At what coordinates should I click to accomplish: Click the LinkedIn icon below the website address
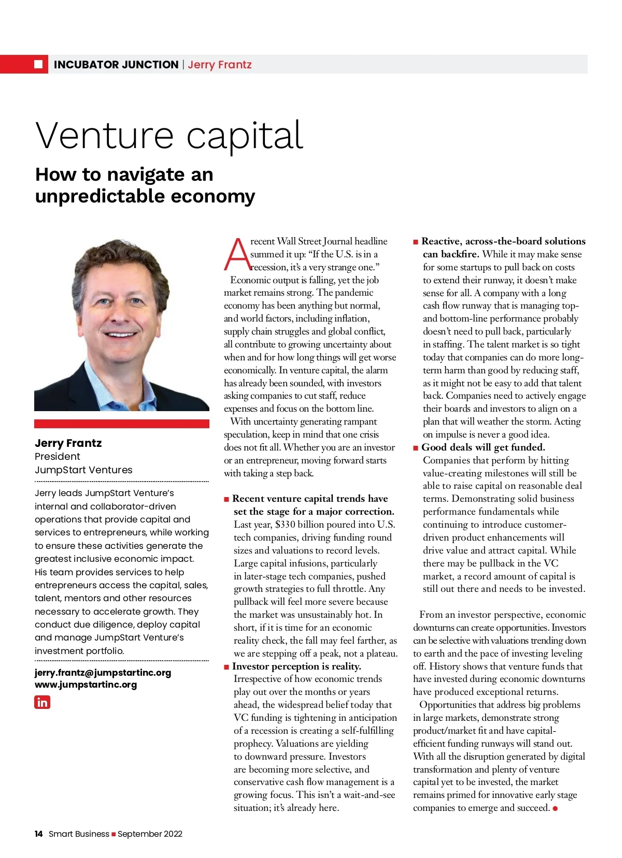(x=42, y=702)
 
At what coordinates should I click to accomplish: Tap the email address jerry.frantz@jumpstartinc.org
(x=103, y=672)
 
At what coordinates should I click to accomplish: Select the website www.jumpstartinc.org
(x=86, y=684)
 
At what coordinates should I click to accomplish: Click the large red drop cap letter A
(x=236, y=254)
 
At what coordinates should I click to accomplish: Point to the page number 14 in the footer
(x=38, y=834)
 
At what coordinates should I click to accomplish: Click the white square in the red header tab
(x=38, y=64)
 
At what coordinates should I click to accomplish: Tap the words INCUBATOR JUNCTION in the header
(x=116, y=65)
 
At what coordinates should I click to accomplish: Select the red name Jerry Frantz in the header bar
(x=220, y=65)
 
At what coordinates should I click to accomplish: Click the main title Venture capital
(x=169, y=136)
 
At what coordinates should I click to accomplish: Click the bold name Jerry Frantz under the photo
(x=68, y=443)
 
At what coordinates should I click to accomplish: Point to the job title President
(x=57, y=456)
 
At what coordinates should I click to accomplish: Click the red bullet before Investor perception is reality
(x=227, y=667)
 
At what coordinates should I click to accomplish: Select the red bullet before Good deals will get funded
(x=416, y=448)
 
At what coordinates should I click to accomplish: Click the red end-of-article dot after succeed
(x=555, y=808)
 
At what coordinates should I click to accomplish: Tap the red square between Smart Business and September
(x=114, y=834)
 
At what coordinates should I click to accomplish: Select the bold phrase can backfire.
(x=450, y=254)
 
